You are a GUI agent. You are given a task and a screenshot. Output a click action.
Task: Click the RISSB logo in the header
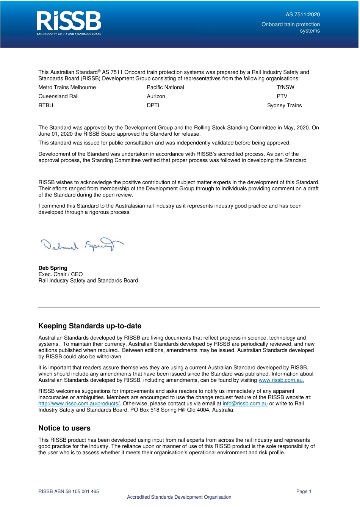(69, 23)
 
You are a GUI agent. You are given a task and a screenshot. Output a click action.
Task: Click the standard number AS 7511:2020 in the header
(302, 14)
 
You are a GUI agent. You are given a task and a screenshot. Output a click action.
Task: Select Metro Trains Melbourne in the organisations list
(67, 87)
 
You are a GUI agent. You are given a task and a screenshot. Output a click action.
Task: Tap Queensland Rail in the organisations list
(58, 96)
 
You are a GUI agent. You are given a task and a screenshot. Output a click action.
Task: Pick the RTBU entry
(46, 105)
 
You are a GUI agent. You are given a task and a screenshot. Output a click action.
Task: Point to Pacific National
(165, 87)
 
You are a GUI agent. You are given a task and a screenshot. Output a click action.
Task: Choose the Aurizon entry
(156, 96)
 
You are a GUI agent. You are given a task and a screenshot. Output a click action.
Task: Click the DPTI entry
(153, 105)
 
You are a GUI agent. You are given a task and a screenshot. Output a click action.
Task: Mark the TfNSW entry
(285, 87)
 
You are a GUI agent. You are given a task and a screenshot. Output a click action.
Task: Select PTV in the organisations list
(282, 96)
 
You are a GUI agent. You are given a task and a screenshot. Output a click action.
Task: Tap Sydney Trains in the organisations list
(284, 105)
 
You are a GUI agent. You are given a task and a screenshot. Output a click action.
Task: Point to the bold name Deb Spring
(53, 268)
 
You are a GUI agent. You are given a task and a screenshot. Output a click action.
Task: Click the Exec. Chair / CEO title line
(60, 274)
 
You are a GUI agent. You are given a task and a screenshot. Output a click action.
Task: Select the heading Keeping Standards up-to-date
(90, 326)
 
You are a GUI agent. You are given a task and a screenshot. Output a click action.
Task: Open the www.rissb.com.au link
(281, 380)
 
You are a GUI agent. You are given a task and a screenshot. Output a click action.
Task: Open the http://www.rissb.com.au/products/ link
(79, 403)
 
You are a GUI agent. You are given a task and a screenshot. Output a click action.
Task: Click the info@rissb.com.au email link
(245, 403)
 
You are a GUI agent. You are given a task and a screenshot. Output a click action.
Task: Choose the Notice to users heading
(64, 428)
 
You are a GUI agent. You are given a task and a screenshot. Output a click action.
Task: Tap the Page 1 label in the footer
(304, 491)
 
